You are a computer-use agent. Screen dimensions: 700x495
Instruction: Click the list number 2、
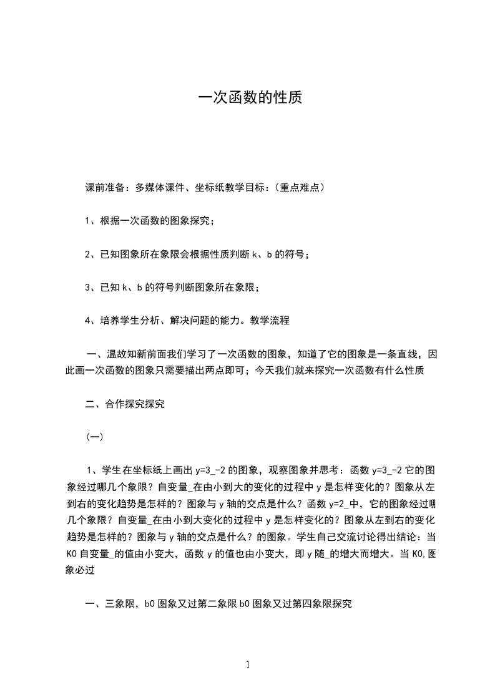[x=91, y=254]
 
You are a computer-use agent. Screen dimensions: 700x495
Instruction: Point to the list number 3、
[x=91, y=287]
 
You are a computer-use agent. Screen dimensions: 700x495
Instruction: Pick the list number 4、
[x=91, y=321]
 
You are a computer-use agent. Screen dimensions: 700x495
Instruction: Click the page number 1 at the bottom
[x=248, y=664]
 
